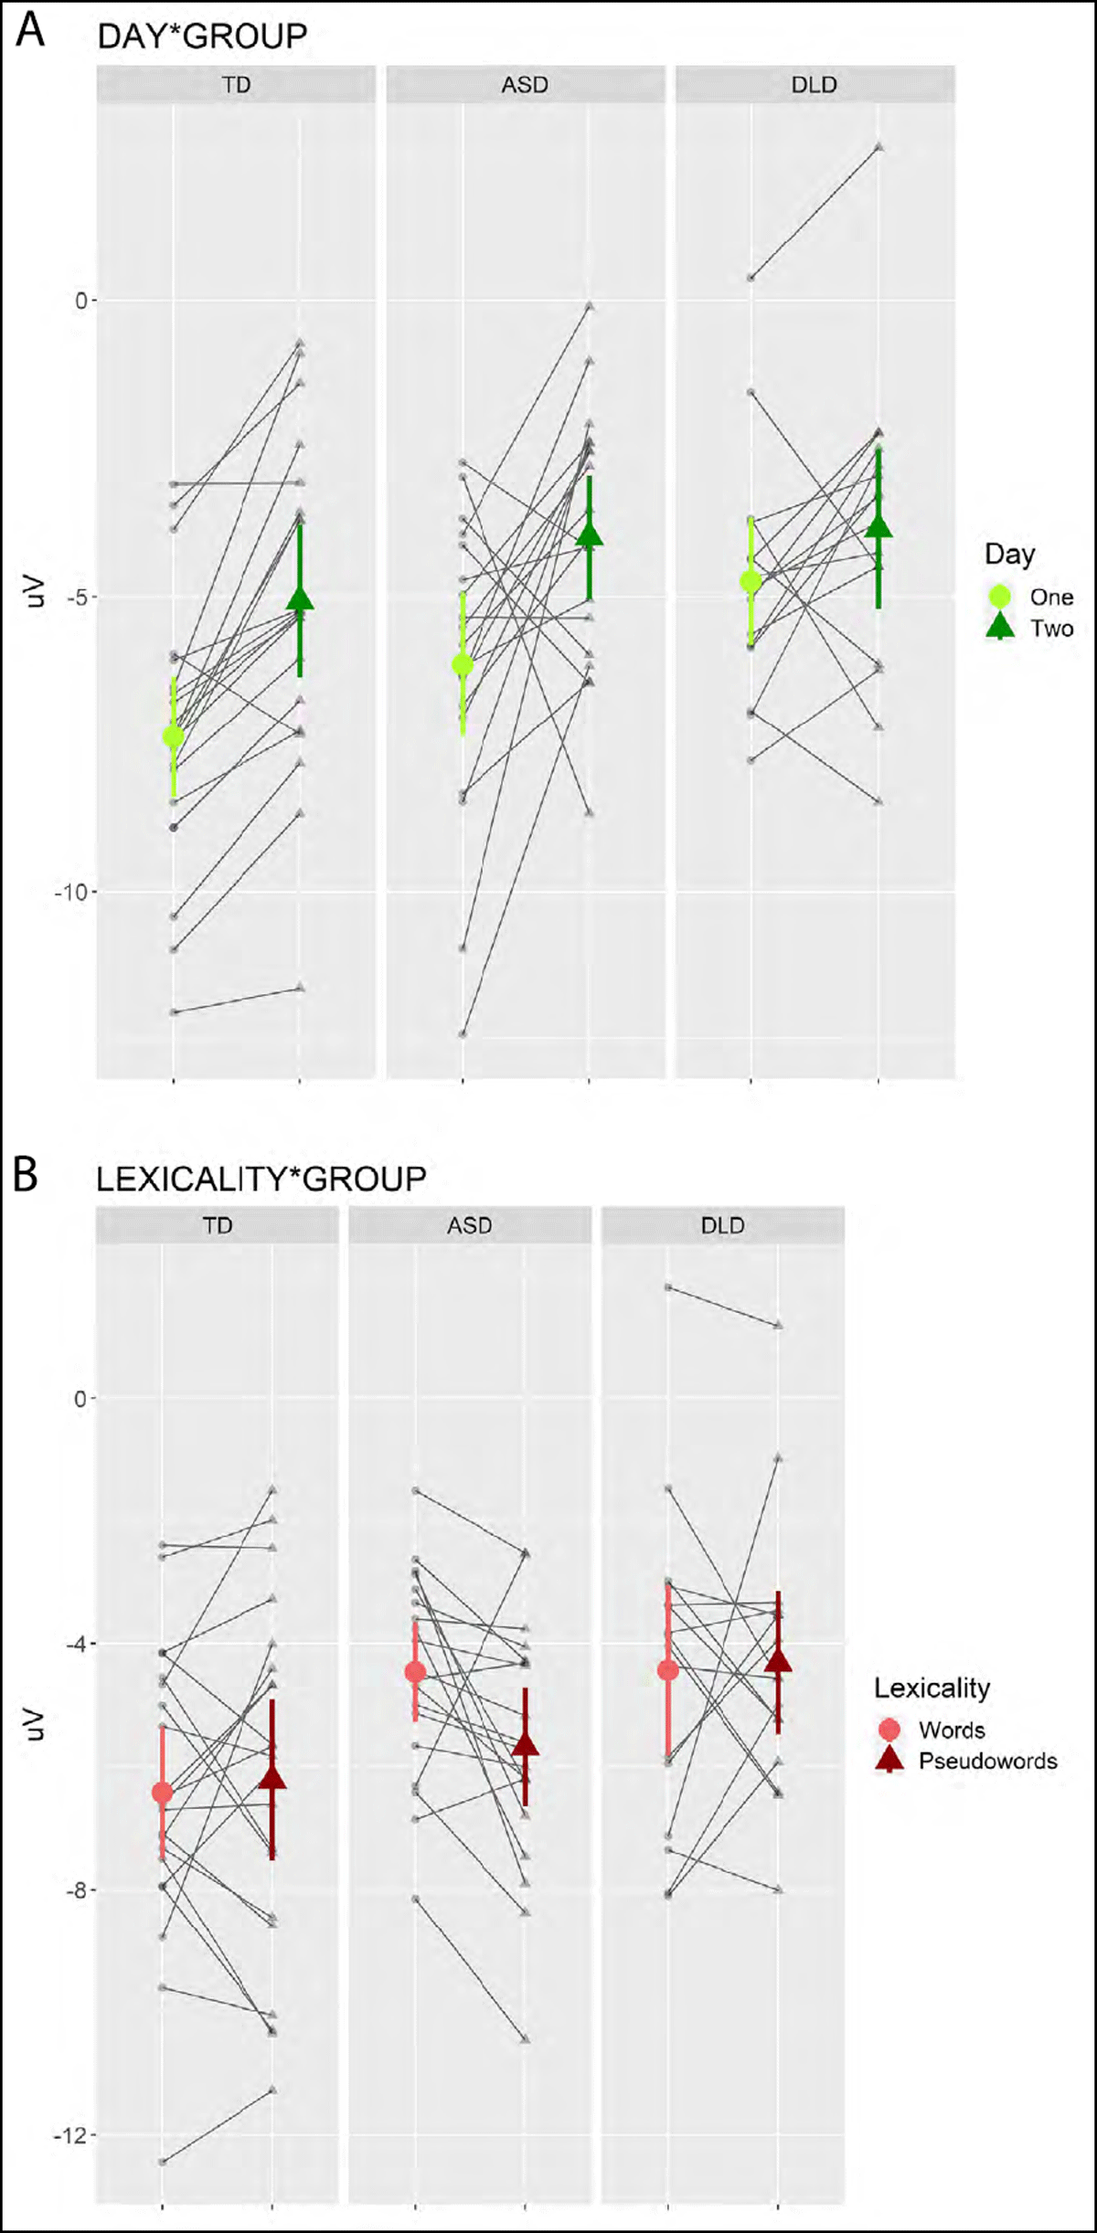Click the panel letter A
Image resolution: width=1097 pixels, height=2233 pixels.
(30, 31)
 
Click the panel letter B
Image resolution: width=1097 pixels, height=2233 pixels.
(26, 1175)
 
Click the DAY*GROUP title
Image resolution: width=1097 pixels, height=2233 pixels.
(202, 37)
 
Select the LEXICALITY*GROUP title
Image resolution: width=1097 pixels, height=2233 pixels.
(261, 1179)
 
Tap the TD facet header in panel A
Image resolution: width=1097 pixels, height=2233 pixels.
(236, 85)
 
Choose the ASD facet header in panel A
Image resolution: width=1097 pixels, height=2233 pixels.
(525, 85)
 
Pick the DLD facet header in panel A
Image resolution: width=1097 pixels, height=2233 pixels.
(814, 85)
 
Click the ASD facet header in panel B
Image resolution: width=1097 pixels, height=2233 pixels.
(469, 1225)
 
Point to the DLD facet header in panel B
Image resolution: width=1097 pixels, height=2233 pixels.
(722, 1225)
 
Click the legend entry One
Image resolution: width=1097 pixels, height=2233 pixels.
(1050, 597)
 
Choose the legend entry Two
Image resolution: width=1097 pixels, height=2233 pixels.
(1050, 628)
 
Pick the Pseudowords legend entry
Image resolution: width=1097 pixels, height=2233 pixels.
(986, 1761)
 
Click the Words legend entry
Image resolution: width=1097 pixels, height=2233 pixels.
(951, 1730)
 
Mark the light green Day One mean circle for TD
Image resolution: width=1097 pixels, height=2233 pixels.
(173, 736)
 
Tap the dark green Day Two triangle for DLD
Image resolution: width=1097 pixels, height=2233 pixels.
(879, 526)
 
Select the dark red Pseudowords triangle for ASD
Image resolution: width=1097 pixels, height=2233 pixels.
(525, 1744)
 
